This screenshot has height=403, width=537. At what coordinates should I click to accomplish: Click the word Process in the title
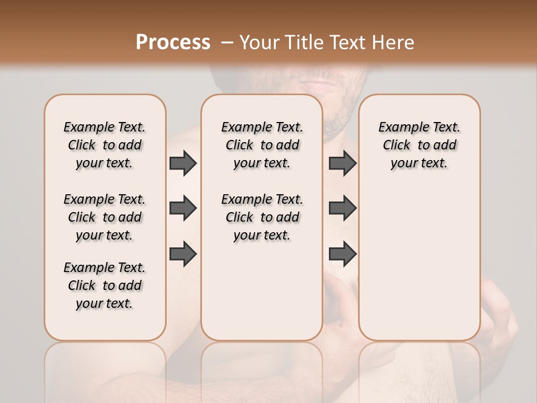(173, 42)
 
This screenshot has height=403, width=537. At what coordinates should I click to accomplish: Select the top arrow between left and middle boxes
(183, 163)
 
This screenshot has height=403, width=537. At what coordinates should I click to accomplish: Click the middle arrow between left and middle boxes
(183, 208)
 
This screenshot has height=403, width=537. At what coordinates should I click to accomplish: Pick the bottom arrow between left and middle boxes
(183, 254)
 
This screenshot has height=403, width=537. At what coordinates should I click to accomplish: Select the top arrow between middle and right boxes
(342, 163)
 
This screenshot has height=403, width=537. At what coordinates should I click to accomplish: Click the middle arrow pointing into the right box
(342, 208)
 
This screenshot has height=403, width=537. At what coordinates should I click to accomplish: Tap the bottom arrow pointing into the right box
(342, 254)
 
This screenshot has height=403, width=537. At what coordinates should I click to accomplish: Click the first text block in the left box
(105, 145)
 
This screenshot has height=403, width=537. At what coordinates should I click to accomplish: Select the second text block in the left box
(105, 217)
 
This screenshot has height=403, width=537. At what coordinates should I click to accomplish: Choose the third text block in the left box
(105, 285)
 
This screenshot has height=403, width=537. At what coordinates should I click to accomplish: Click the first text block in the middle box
(262, 145)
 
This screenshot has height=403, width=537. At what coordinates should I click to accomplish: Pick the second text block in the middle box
(262, 217)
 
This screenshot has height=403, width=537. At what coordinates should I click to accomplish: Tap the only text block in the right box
(420, 145)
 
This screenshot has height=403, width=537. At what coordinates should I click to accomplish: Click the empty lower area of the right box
(420, 263)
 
